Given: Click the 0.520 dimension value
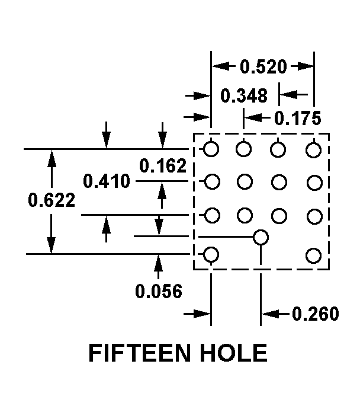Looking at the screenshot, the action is pyautogui.click(x=263, y=66).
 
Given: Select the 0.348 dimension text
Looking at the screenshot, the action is pyautogui.click(x=244, y=95).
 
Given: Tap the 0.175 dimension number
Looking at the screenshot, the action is pyautogui.click(x=298, y=118).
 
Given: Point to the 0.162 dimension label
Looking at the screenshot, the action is pyautogui.click(x=163, y=166).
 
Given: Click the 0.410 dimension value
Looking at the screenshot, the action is pyautogui.click(x=107, y=181).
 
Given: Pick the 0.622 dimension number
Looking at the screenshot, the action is pyautogui.click(x=52, y=200).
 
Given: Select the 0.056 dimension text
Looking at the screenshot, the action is pyautogui.click(x=159, y=291).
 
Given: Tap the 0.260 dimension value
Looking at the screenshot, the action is pyautogui.click(x=316, y=314).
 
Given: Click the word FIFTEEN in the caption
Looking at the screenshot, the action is pyautogui.click(x=139, y=353).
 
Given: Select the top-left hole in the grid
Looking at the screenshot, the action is pyautogui.click(x=211, y=149).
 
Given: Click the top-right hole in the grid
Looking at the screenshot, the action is pyautogui.click(x=314, y=150).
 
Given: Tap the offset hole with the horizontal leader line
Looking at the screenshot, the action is pyautogui.click(x=261, y=237).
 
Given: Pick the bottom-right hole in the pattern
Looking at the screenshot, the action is pyautogui.click(x=314, y=256).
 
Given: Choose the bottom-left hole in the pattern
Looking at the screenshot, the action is pyautogui.click(x=211, y=254).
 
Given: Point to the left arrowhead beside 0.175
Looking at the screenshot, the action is pyautogui.click(x=253, y=117).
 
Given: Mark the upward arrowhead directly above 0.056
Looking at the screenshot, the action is pyautogui.click(x=159, y=263).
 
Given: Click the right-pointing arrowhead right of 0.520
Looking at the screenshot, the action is pyautogui.click(x=306, y=66).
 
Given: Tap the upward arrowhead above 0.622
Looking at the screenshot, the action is pyautogui.click(x=52, y=159).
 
